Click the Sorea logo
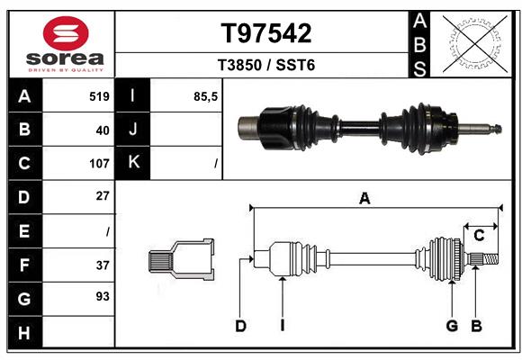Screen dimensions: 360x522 65,44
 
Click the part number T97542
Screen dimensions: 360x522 266,33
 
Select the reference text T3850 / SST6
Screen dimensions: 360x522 266,67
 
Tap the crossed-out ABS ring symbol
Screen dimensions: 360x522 472,44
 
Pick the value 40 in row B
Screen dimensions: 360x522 102,130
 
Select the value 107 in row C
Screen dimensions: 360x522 98,164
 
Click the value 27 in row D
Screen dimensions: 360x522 102,196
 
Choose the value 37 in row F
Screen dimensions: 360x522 102,265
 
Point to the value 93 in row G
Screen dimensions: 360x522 102,296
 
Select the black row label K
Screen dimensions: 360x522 133,164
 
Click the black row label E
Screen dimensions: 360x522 23,231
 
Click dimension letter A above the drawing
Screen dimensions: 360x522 364,199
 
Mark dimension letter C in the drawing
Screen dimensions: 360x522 479,236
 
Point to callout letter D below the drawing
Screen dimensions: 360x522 240,326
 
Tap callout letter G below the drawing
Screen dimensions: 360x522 452,326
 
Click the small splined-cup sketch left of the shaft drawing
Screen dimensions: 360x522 181,260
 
